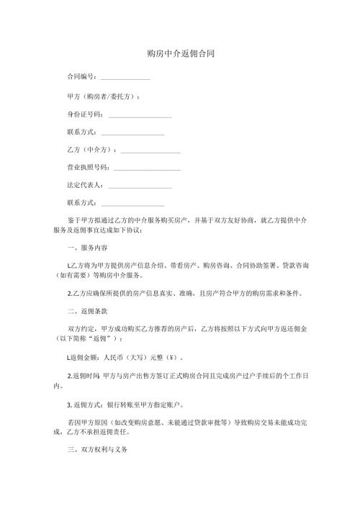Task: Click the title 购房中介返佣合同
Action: (x=180, y=53)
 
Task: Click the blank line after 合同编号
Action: (x=125, y=78)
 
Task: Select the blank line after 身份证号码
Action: (x=140, y=116)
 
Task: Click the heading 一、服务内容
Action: (x=86, y=247)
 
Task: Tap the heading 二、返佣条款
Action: (x=86, y=312)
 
